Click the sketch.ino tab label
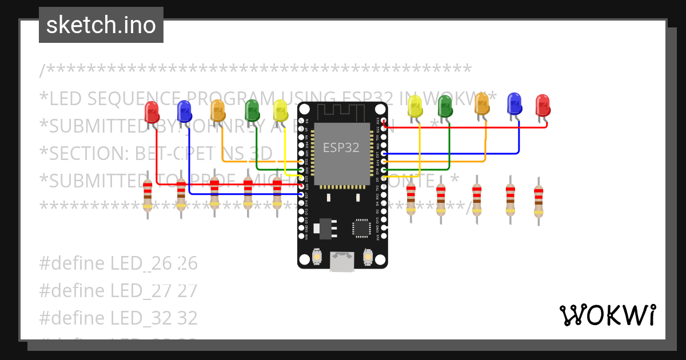(101, 25)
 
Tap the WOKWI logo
(607, 315)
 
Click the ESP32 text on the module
(341, 147)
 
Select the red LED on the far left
(151, 111)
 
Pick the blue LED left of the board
(184, 111)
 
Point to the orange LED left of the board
(218, 110)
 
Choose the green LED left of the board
(252, 110)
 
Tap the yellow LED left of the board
(280, 110)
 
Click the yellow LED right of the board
(414, 106)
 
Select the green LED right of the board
(445, 106)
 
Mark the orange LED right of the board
(482, 104)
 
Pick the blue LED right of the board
(514, 103)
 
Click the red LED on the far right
(543, 105)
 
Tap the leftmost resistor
(148, 195)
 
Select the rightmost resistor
(539, 201)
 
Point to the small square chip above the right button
(362, 227)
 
